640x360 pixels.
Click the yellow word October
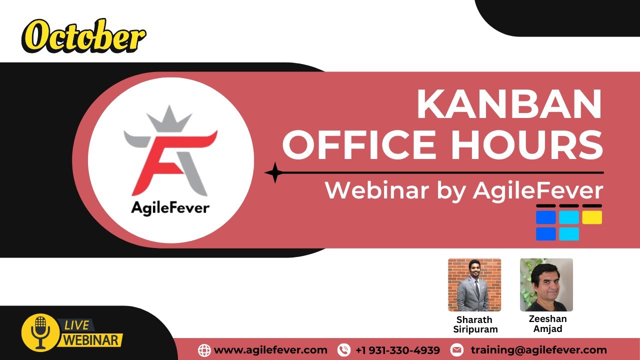tap(83, 36)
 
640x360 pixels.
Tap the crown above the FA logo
tap(170, 119)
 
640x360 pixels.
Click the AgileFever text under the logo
tap(170, 207)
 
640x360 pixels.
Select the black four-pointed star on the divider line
tap(274, 172)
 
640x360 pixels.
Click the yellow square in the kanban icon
tap(592, 217)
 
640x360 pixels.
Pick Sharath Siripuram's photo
tap(474, 284)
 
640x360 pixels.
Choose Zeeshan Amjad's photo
tap(546, 284)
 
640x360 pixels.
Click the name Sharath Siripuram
tap(474, 324)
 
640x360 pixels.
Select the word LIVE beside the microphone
tap(76, 325)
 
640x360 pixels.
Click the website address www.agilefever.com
tap(270, 350)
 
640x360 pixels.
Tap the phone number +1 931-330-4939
tap(397, 350)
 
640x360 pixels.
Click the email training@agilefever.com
tap(538, 350)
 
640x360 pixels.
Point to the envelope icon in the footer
tap(456, 350)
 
